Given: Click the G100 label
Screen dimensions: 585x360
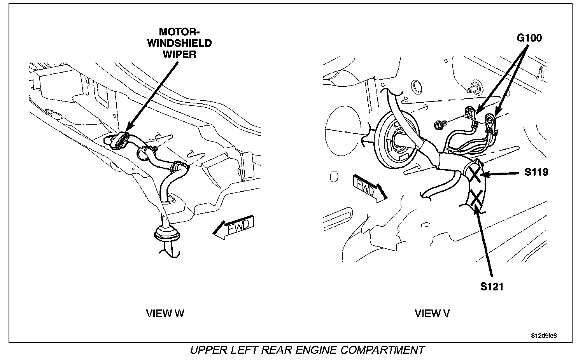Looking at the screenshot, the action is pyautogui.click(x=529, y=38).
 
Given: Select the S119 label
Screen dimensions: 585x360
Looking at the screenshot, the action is pyautogui.click(x=536, y=172).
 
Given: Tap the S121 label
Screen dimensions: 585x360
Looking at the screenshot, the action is pyautogui.click(x=492, y=287).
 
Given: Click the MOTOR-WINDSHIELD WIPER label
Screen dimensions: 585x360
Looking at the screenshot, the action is pyautogui.click(x=179, y=43).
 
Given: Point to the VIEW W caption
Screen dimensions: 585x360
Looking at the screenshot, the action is pyautogui.click(x=165, y=313).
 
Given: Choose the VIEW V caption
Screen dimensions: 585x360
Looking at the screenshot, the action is pyautogui.click(x=432, y=313).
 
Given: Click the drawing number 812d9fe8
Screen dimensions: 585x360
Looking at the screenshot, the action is pyautogui.click(x=546, y=336).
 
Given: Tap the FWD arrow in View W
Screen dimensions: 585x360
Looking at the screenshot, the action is pyautogui.click(x=233, y=227).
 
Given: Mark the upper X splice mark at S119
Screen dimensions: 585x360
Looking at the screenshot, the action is pyautogui.click(x=475, y=174).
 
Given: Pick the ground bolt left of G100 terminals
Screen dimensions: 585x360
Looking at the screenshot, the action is pyautogui.click(x=438, y=125).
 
